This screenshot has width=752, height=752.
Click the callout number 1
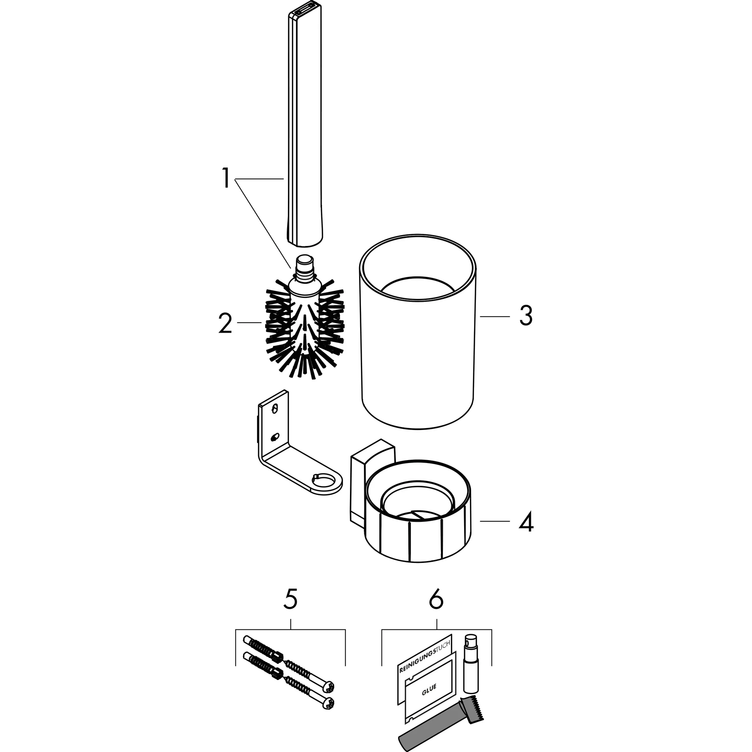[225, 178]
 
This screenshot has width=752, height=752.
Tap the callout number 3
[526, 316]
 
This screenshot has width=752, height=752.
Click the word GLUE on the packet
[429, 687]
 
